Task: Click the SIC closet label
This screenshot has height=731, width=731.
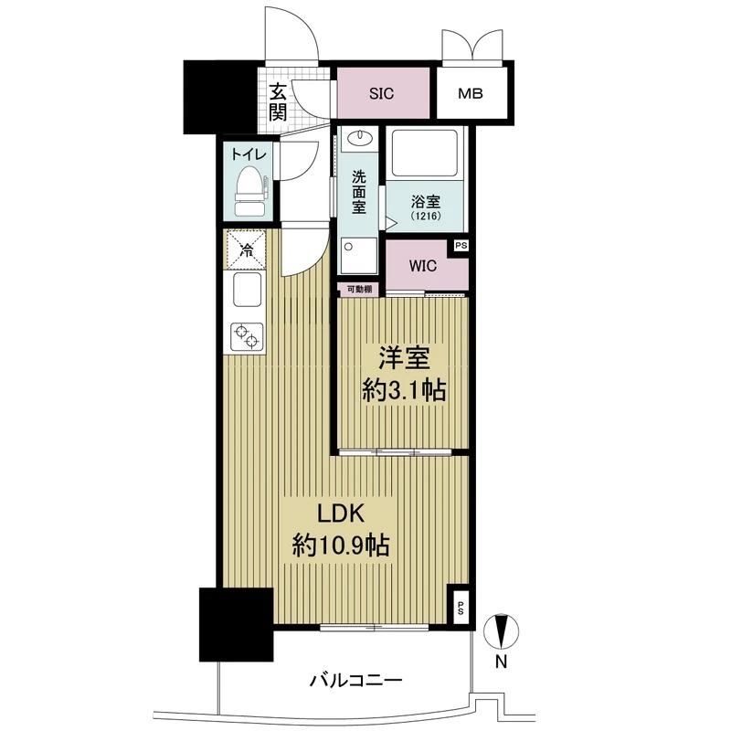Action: (x=381, y=94)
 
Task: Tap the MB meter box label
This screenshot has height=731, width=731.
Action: (x=470, y=94)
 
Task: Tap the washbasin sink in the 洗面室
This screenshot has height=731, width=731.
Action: (x=360, y=138)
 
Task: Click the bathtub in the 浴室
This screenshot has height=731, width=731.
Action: (x=425, y=153)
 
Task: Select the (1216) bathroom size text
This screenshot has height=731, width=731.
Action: (x=426, y=217)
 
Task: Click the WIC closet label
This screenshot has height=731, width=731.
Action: (x=423, y=266)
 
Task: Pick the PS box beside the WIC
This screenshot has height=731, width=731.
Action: (x=461, y=246)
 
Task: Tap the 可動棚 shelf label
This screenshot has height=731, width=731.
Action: (x=359, y=290)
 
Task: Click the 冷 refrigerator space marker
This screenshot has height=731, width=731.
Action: (x=246, y=250)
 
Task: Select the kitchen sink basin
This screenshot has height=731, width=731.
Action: (x=247, y=290)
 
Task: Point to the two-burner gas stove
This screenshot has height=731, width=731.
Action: (x=247, y=336)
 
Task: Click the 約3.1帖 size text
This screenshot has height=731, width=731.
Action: (x=404, y=391)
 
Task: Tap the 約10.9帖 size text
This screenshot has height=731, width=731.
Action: (x=341, y=545)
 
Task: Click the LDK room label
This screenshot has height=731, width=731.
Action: (x=341, y=514)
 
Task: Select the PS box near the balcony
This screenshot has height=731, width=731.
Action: (x=460, y=608)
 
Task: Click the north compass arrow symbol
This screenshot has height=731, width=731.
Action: (x=501, y=631)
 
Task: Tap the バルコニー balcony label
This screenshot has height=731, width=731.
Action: (x=356, y=681)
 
